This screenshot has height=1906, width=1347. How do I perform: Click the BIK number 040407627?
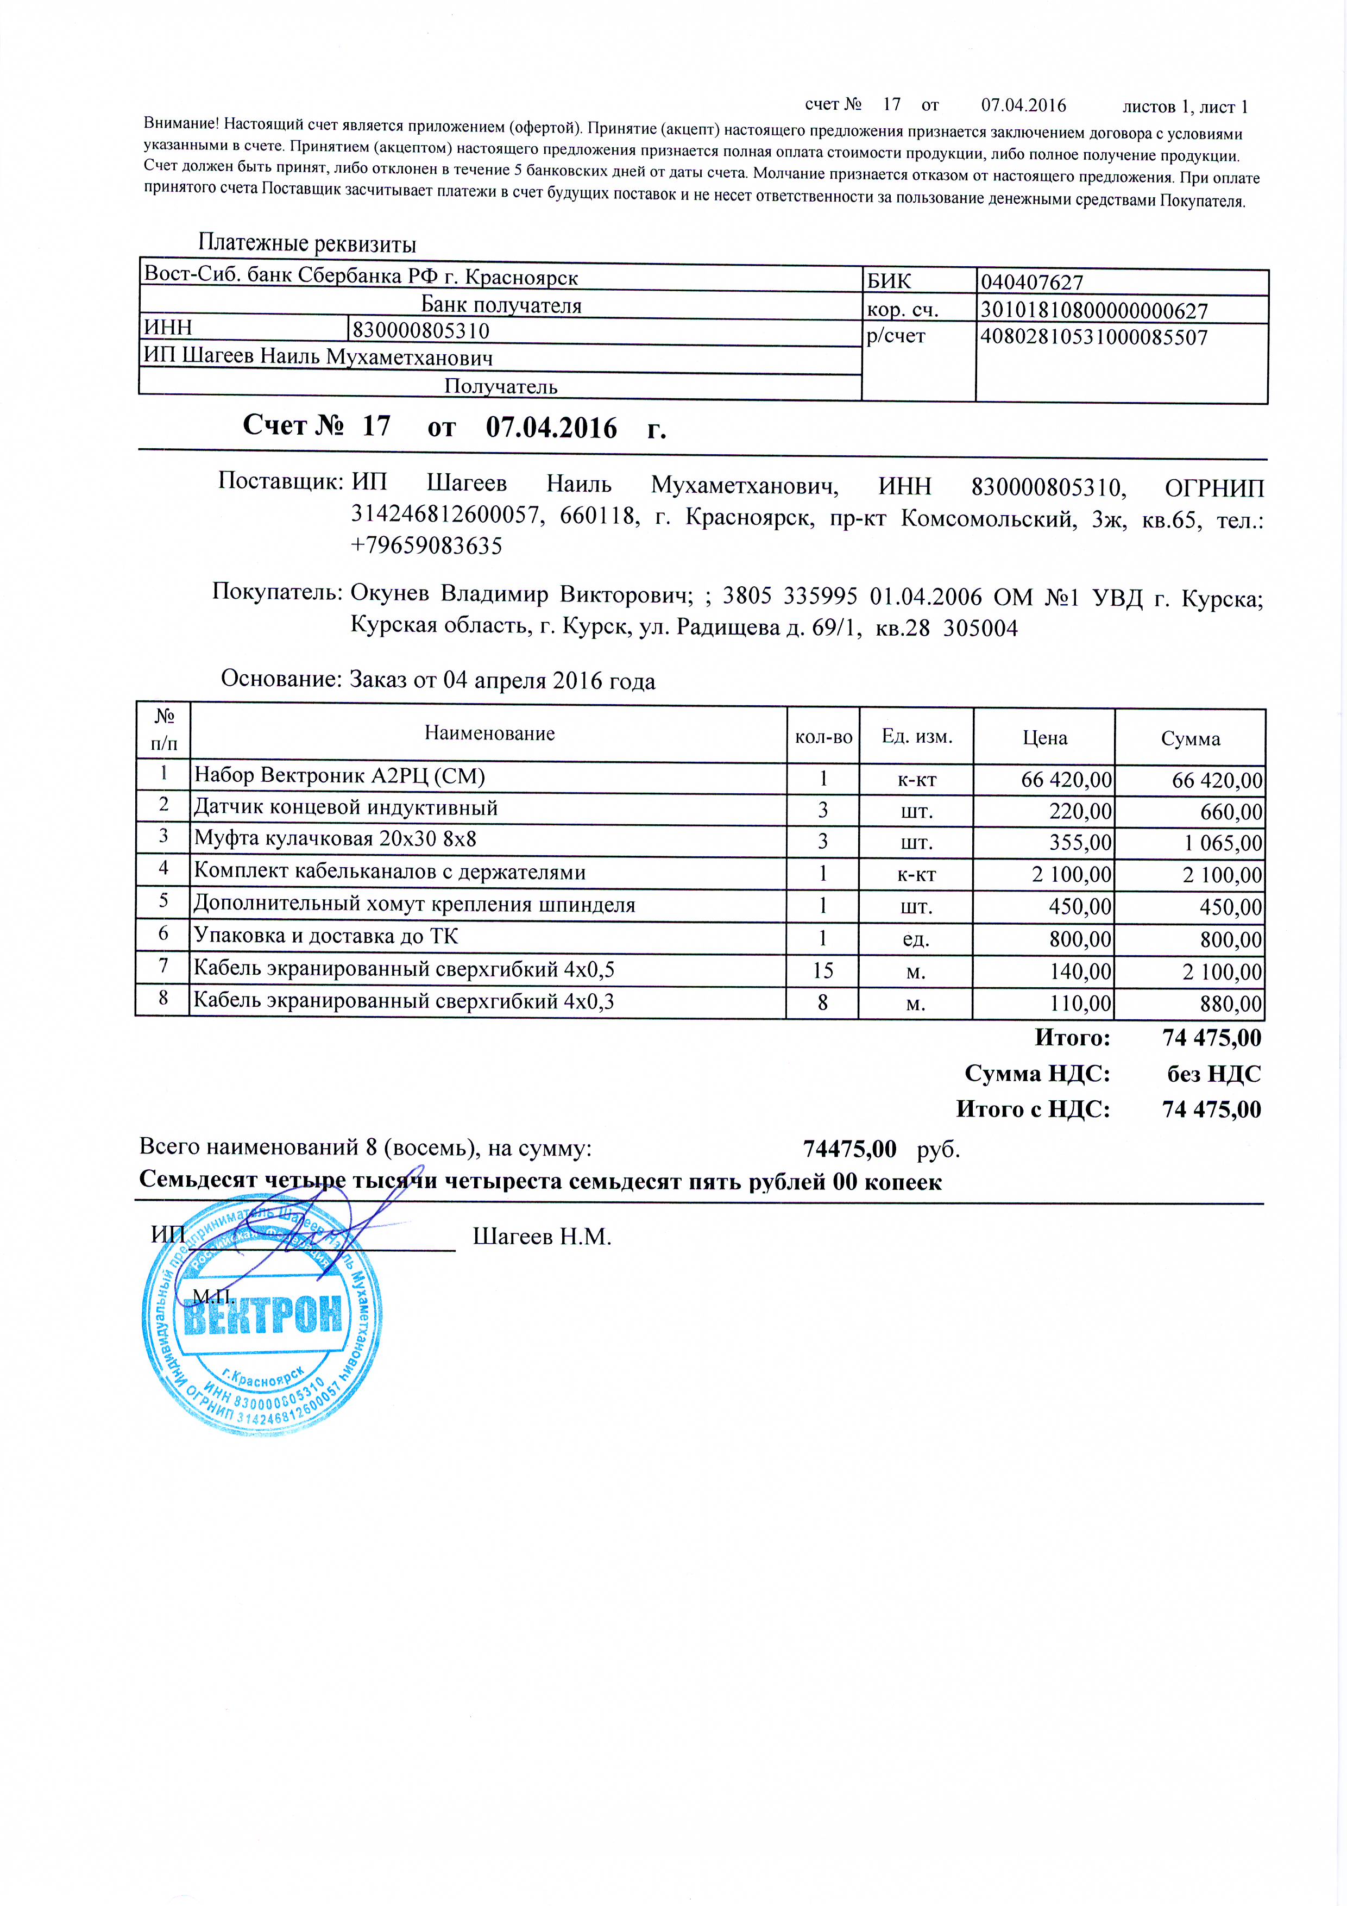1031,282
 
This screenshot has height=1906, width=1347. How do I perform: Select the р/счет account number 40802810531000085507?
1094,337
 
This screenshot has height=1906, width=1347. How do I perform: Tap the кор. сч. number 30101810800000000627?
1094,310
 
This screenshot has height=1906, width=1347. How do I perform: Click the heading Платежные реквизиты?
307,243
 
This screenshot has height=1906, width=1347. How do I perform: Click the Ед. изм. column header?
916,736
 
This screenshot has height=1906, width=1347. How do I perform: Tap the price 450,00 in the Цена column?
1079,906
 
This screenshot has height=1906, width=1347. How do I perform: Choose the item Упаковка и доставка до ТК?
325,936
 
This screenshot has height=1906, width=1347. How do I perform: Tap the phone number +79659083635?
426,546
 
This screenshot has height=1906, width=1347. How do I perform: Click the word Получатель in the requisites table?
500,386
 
